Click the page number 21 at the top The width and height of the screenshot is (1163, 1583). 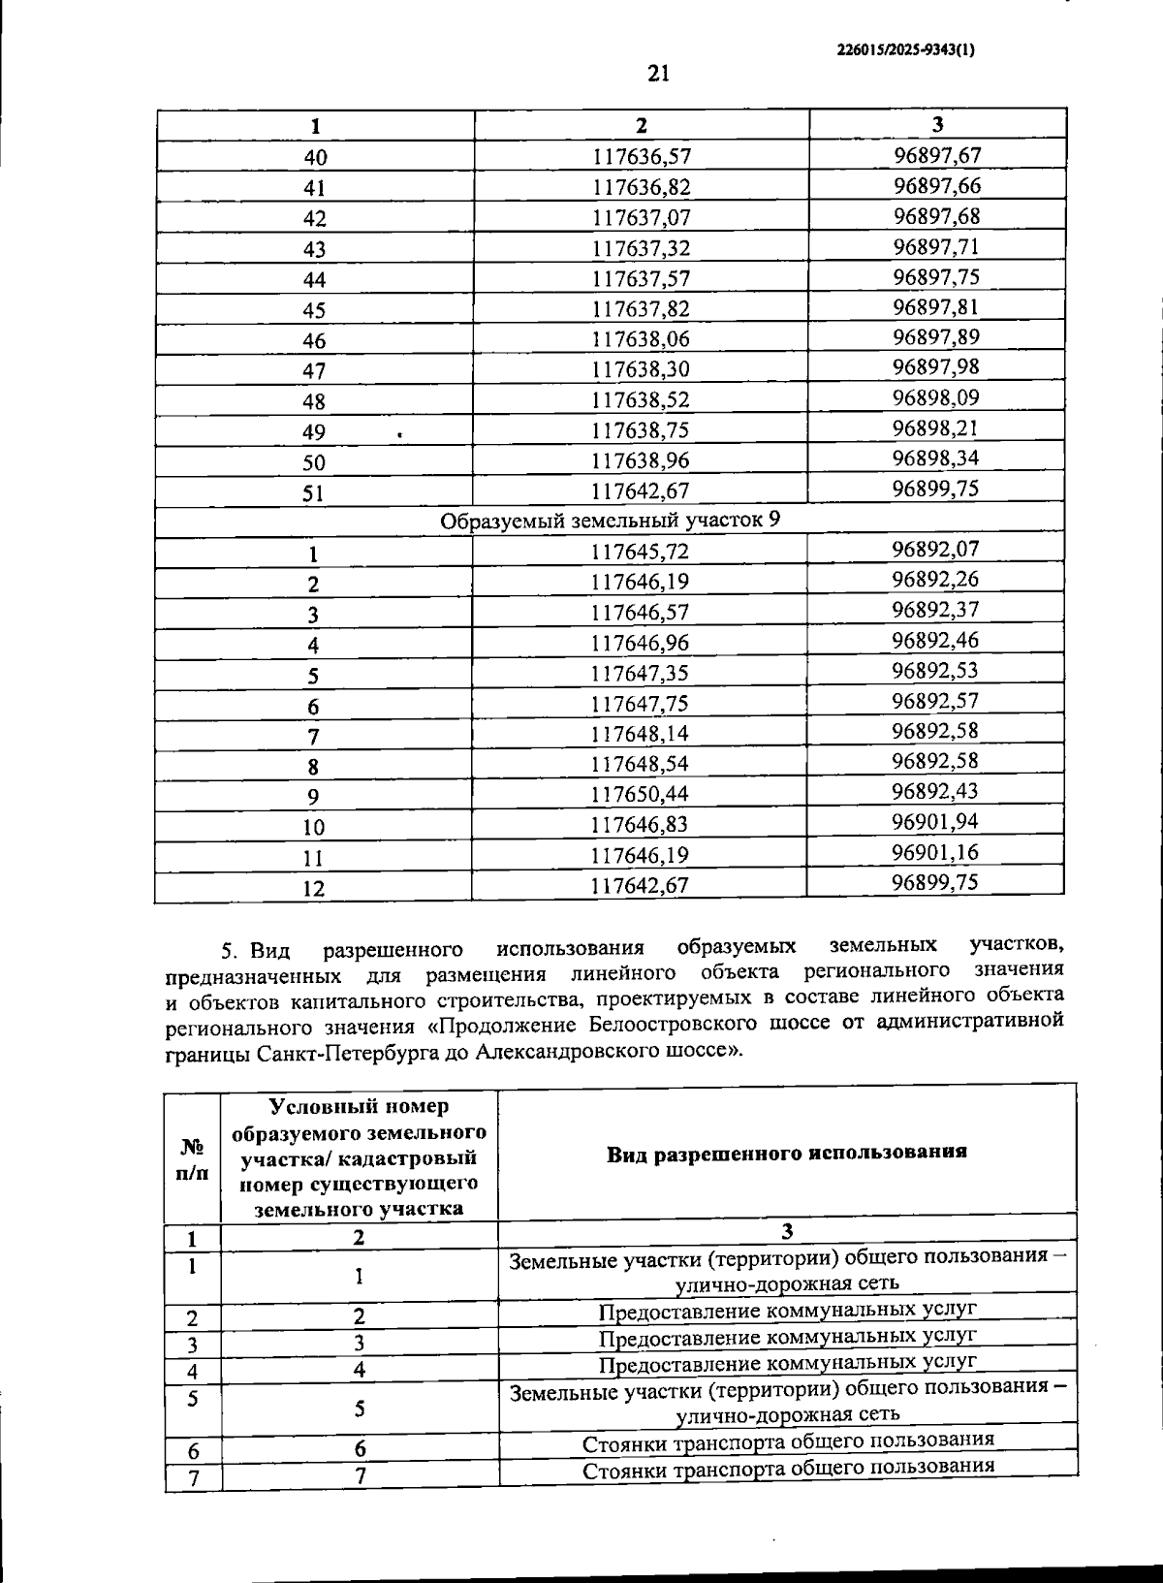point(658,74)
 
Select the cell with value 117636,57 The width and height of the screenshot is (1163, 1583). point(641,156)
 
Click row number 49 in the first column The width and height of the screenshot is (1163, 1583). point(314,432)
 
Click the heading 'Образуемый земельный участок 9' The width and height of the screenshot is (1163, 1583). point(610,521)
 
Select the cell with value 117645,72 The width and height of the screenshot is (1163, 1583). point(640,552)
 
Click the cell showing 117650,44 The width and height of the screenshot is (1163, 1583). point(640,794)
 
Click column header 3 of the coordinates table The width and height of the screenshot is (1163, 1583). point(936,124)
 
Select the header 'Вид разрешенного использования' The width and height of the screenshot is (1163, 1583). point(787,1153)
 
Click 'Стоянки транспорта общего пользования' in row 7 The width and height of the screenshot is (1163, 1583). point(787,1468)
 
